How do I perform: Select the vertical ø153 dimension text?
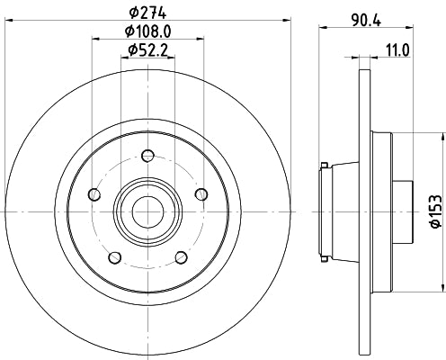434,209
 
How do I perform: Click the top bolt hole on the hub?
147,153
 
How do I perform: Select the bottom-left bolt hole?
113,256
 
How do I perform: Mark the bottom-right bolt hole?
181,256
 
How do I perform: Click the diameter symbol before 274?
133,13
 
